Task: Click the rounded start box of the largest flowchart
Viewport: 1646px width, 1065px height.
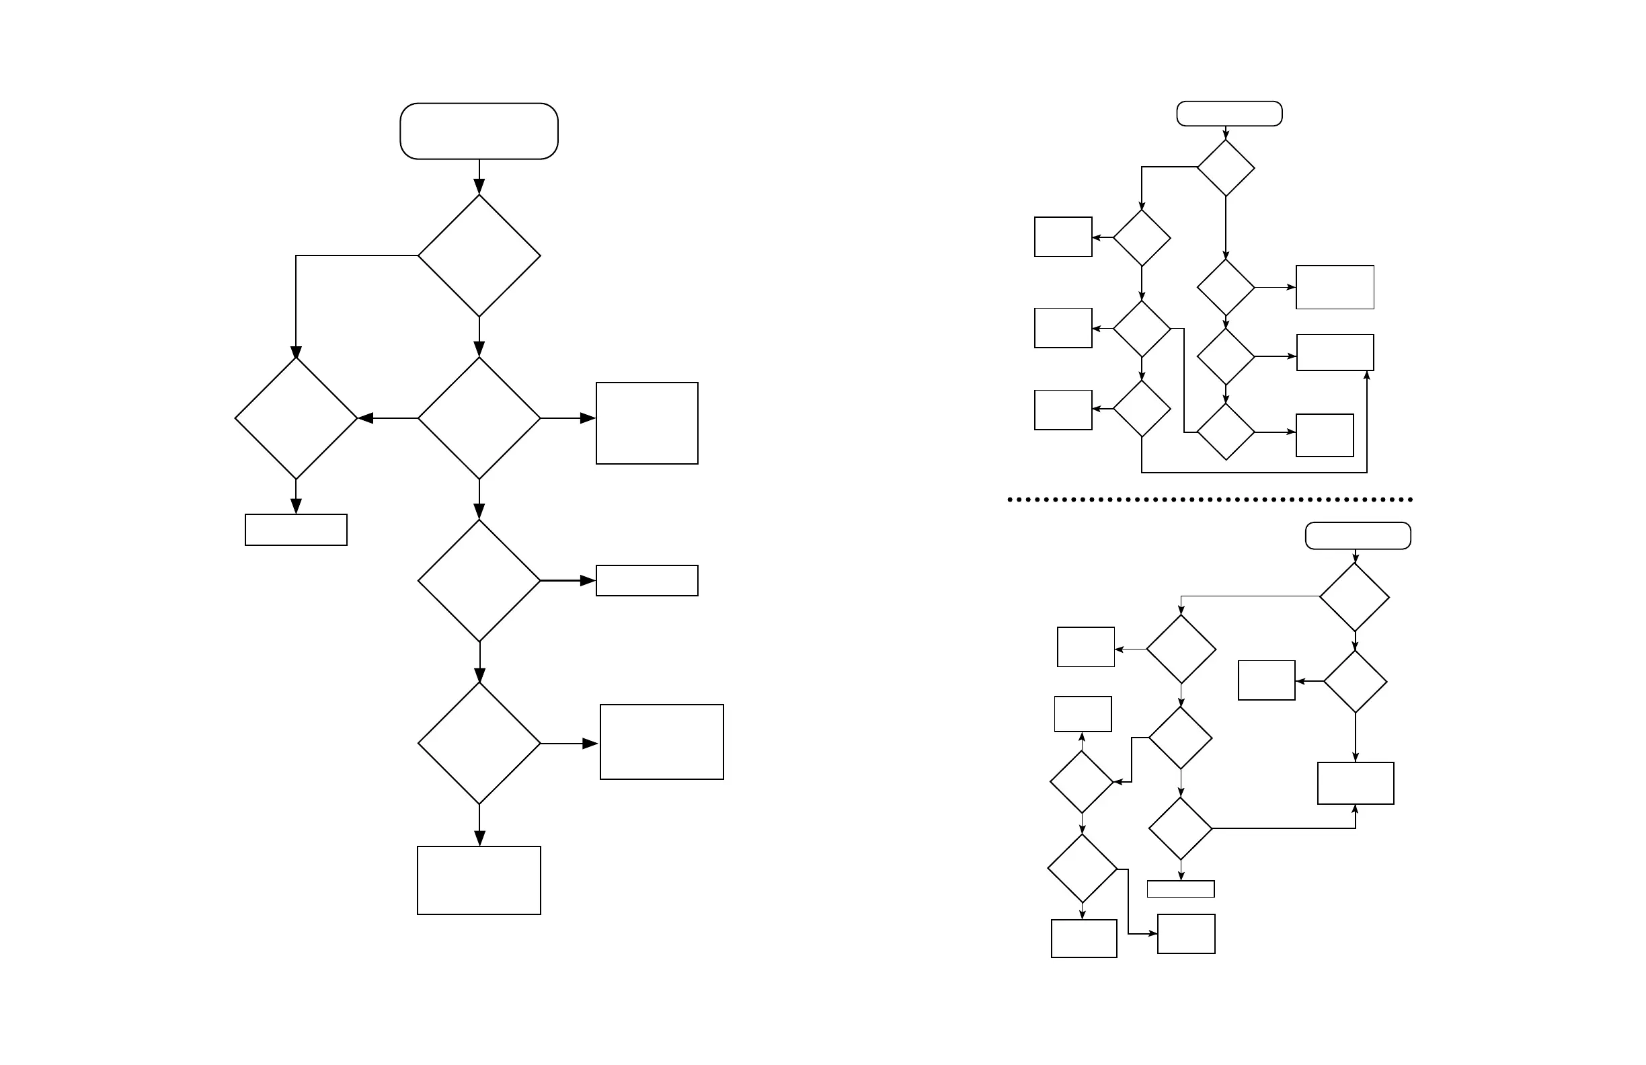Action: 479,131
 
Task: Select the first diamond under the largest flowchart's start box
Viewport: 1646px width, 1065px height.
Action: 479,256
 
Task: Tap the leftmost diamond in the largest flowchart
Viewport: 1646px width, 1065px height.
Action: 296,418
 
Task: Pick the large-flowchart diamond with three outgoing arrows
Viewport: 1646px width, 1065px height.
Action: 479,418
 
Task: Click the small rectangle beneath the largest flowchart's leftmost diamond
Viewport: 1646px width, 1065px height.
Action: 296,530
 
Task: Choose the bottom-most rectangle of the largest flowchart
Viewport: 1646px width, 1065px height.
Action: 479,880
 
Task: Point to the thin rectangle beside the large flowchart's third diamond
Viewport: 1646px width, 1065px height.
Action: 647,581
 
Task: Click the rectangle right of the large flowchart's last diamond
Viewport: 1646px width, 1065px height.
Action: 661,742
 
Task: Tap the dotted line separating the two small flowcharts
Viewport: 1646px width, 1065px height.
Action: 1210,500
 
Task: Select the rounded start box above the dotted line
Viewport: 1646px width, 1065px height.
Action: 1229,114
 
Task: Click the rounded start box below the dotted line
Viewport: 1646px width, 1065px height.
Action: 1358,536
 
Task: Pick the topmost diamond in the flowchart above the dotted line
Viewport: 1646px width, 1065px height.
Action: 1226,168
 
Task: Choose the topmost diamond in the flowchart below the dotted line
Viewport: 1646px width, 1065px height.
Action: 1354,597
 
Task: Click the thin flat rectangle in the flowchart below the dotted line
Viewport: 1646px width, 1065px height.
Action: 1181,889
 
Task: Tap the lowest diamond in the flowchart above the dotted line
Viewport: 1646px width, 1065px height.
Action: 1226,432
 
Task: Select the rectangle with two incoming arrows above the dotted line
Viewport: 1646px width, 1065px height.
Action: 1335,353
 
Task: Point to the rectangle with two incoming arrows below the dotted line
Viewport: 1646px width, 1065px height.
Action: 1356,783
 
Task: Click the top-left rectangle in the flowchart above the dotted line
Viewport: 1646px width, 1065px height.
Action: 1063,237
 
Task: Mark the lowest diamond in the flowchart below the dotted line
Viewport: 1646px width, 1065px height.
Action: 1082,869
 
